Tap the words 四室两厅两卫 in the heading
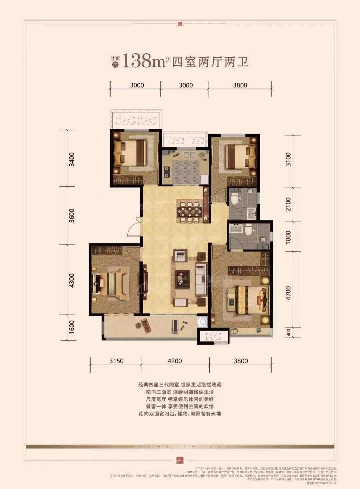[x=210, y=62]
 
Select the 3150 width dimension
[x=116, y=361]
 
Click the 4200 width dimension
[x=175, y=361]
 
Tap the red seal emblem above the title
[x=180, y=24]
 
